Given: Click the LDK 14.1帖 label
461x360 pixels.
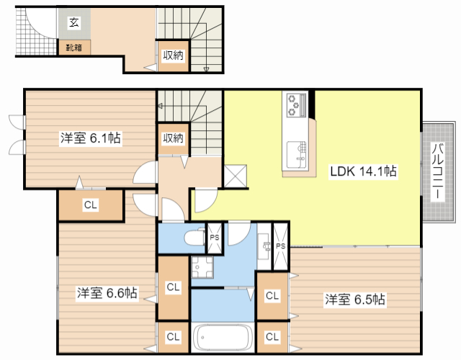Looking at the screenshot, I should coord(364,171).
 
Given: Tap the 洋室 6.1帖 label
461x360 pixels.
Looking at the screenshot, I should coord(89,138).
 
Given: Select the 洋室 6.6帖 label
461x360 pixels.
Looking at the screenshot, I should coord(107,293).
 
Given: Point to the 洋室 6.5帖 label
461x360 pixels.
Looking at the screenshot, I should coord(354,299).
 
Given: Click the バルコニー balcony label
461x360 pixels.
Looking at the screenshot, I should coord(437,171).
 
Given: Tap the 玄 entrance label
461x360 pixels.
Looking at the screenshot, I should coord(74,23).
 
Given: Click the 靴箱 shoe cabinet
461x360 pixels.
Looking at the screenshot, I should coord(73,48).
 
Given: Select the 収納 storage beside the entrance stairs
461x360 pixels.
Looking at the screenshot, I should coord(172,55).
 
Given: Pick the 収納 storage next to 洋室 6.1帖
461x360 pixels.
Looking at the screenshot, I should coord(172,138).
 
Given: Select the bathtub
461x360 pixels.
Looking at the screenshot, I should coord(222,337).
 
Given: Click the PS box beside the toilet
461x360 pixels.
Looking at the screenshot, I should coord(214,238).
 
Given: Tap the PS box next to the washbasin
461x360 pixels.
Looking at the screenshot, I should coord(280,246).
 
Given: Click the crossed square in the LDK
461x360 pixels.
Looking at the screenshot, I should coord(236,176).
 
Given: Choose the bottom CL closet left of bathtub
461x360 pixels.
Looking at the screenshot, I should coord(173,336).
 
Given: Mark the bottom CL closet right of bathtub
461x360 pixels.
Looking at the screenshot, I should coord(272,336).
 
